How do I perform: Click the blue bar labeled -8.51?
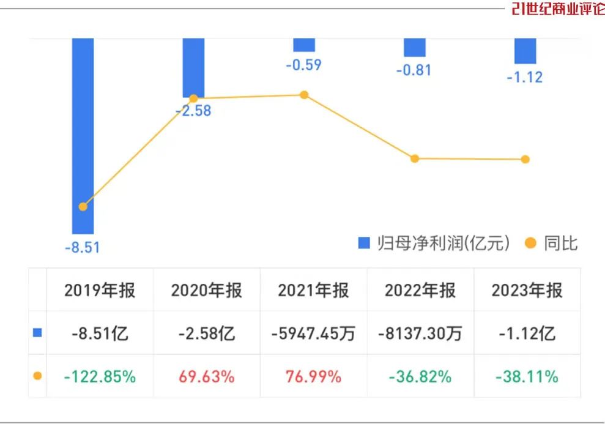click(x=83, y=135)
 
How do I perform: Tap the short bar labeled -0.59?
click(x=304, y=45)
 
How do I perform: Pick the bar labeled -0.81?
click(x=415, y=47)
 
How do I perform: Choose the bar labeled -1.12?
click(x=525, y=51)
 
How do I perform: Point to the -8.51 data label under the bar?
click(x=82, y=248)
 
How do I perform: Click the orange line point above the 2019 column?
click(x=83, y=207)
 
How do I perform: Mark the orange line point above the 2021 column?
click(x=304, y=95)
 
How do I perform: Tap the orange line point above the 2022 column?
click(x=415, y=158)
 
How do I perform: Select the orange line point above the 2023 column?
click(x=525, y=160)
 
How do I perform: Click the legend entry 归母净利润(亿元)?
click(x=434, y=244)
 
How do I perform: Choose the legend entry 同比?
click(x=552, y=244)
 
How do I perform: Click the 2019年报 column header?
click(x=100, y=290)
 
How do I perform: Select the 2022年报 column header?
click(x=420, y=290)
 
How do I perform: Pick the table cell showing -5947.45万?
click(x=313, y=333)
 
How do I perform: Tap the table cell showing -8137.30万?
click(x=420, y=333)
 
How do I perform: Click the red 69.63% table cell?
click(x=206, y=376)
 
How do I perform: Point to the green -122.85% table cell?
click(x=100, y=376)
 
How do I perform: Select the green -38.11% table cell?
click(x=527, y=376)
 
